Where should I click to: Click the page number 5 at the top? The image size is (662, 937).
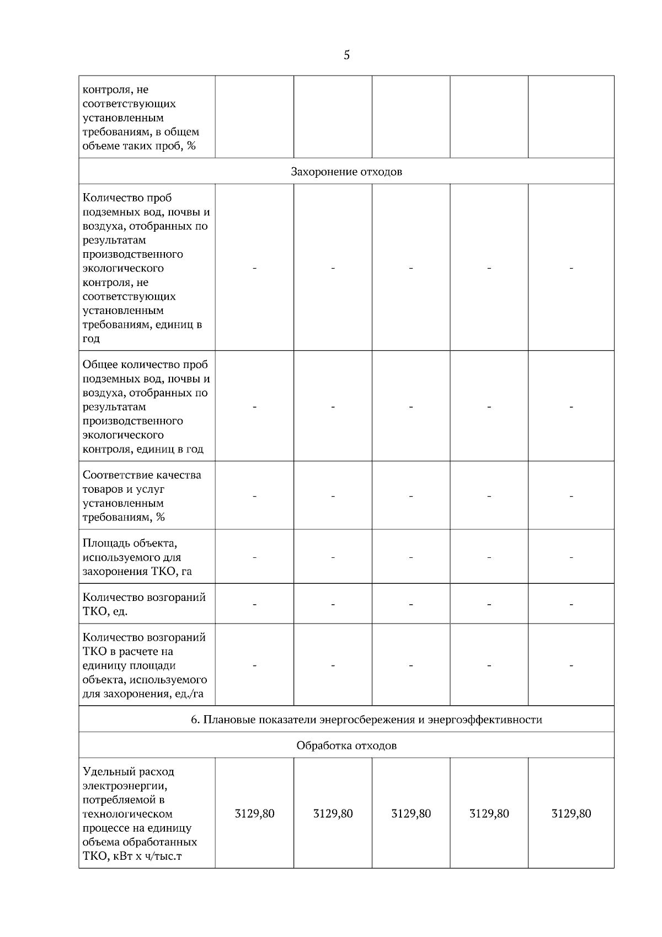click(x=346, y=55)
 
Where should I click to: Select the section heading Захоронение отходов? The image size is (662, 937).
click(x=346, y=172)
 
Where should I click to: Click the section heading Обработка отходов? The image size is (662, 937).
click(x=346, y=746)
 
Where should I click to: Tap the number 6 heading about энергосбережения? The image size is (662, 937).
click(x=366, y=720)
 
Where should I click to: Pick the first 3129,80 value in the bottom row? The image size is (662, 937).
click(x=254, y=813)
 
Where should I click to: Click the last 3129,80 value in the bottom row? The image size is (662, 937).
click(x=571, y=813)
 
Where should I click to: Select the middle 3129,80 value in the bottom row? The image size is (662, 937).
click(x=411, y=813)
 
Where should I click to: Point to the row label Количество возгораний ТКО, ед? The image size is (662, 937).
click(x=143, y=604)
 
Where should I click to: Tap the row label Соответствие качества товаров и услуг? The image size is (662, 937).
click(x=141, y=496)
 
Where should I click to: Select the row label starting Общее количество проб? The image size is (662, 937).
click(x=145, y=407)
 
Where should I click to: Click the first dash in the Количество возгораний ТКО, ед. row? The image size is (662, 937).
click(x=254, y=604)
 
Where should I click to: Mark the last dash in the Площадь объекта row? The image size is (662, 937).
click(x=571, y=557)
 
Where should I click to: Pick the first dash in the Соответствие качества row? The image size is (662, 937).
click(x=254, y=496)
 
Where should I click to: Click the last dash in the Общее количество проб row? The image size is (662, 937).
click(x=571, y=407)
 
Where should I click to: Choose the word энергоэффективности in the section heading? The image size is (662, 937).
click(x=485, y=720)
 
